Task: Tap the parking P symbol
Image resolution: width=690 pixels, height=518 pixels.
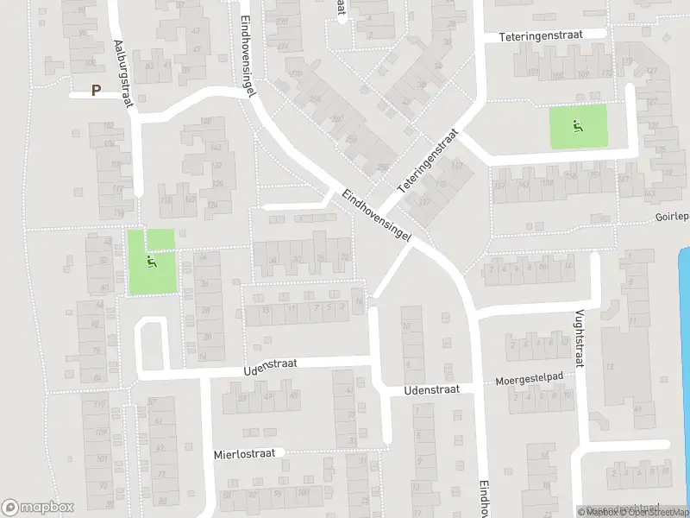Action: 97,89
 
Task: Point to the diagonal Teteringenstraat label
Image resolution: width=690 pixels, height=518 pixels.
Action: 426,161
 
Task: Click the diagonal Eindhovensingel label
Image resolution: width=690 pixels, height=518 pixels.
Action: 374,215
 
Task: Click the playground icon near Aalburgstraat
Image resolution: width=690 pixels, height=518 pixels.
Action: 153,260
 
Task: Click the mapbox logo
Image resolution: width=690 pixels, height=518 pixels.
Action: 38,508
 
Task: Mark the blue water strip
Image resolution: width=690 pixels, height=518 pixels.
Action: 685,345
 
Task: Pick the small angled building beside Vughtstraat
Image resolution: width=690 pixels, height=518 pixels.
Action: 610,309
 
